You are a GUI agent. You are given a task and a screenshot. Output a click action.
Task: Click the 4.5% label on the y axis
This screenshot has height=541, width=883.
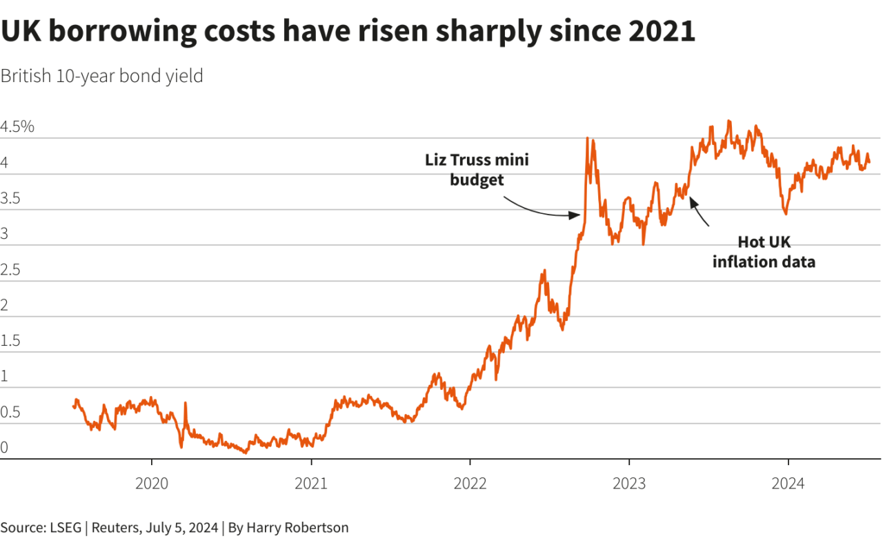pos(17,127)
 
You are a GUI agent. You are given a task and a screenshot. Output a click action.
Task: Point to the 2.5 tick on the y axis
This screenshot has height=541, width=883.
pos(10,270)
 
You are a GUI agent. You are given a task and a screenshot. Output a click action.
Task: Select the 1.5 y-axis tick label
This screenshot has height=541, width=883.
pos(10,341)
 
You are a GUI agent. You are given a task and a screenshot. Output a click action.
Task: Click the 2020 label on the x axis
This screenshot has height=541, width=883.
pos(152,484)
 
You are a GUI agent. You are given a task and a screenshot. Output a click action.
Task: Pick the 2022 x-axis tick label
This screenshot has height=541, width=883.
pos(470,484)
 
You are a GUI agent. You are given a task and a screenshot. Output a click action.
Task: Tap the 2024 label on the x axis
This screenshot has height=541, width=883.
pos(788,484)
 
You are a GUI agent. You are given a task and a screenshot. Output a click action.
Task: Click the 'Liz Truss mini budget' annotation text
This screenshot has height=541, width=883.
pos(477,170)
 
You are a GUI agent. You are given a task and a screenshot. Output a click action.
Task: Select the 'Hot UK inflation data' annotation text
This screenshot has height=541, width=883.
pos(764,252)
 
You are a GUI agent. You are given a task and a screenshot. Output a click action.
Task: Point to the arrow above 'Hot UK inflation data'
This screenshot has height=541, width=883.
pos(700,210)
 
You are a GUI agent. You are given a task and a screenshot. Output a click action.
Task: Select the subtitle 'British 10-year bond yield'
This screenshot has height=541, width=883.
pos(101,76)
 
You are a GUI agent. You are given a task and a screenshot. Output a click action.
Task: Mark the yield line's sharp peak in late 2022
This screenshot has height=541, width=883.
pos(587,138)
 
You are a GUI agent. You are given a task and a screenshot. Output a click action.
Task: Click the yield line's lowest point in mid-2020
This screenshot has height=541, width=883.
pos(246,453)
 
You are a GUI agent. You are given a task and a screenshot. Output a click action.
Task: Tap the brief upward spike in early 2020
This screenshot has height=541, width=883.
pos(185,402)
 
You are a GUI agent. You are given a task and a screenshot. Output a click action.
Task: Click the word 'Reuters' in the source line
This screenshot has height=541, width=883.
pos(116,528)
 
